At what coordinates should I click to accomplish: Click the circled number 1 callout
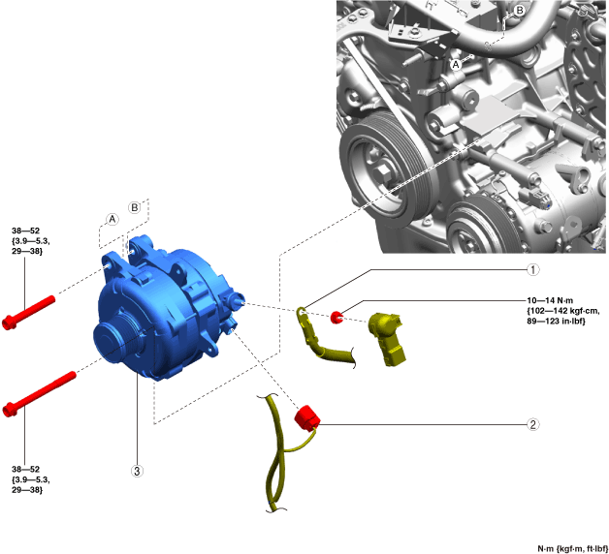pyautogui.click(x=533, y=269)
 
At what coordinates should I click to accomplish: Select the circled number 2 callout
pyautogui.click(x=533, y=424)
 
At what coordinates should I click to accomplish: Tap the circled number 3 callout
pyautogui.click(x=137, y=471)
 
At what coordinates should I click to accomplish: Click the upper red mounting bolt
pyautogui.click(x=28, y=313)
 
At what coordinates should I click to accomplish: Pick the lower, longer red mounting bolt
pyautogui.click(x=39, y=394)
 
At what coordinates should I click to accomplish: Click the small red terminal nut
pyautogui.click(x=336, y=317)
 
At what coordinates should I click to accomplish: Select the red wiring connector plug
pyautogui.click(x=307, y=418)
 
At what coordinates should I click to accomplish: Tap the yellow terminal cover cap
pyautogui.click(x=387, y=339)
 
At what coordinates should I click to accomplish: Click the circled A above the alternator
pyautogui.click(x=112, y=219)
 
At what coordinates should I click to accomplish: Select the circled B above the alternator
pyautogui.click(x=135, y=207)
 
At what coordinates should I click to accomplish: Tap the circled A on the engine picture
pyautogui.click(x=456, y=64)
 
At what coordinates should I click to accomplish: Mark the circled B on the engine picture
pyautogui.click(x=519, y=11)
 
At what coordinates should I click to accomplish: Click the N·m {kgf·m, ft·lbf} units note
pyautogui.click(x=572, y=548)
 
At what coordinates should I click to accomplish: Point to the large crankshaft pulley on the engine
pyautogui.click(x=385, y=168)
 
